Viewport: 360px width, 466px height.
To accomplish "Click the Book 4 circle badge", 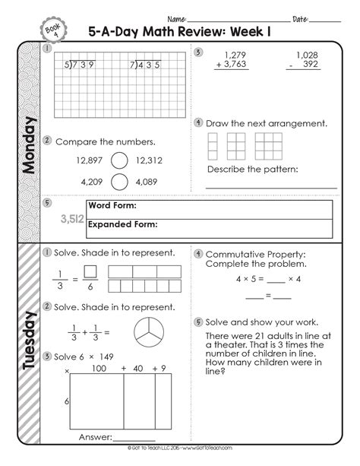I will point(49,29).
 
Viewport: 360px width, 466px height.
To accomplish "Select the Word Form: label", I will point(113,206).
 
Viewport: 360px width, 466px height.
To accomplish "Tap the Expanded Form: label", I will point(122,224).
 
